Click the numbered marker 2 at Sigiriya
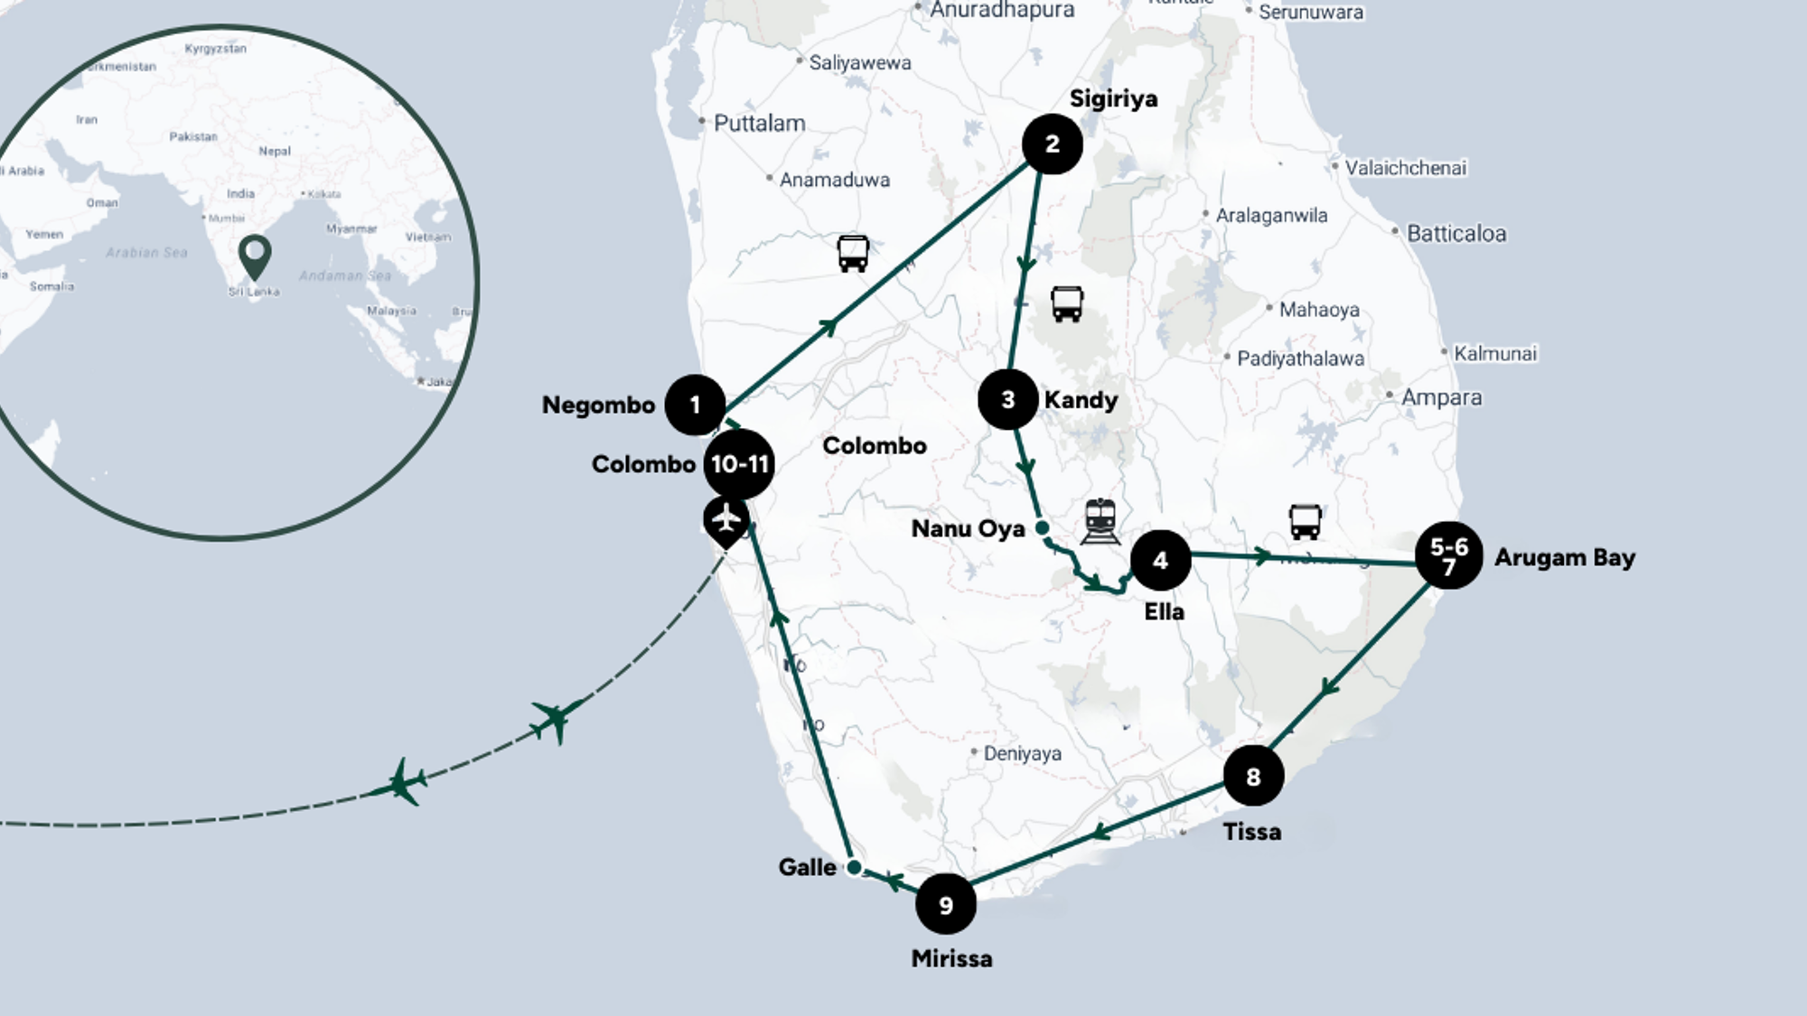[1052, 144]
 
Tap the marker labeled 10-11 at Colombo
[739, 464]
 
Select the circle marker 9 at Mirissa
[945, 904]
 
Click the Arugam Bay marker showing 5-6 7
[1448, 556]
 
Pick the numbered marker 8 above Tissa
[1253, 776]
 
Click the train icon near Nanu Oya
[1100, 521]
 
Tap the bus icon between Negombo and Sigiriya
[853, 254]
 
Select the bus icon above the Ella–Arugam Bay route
[1305, 522]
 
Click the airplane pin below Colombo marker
[726, 521]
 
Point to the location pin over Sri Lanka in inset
[255, 256]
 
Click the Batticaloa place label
[1456, 234]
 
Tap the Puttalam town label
[759, 124]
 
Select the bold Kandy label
[1081, 400]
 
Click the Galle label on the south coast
[807, 867]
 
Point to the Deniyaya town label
[1022, 753]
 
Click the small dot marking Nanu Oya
[1042, 527]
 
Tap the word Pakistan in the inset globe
[193, 136]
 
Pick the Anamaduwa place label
[834, 180]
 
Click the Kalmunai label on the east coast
[1494, 354]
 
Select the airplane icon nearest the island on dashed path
[555, 720]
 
